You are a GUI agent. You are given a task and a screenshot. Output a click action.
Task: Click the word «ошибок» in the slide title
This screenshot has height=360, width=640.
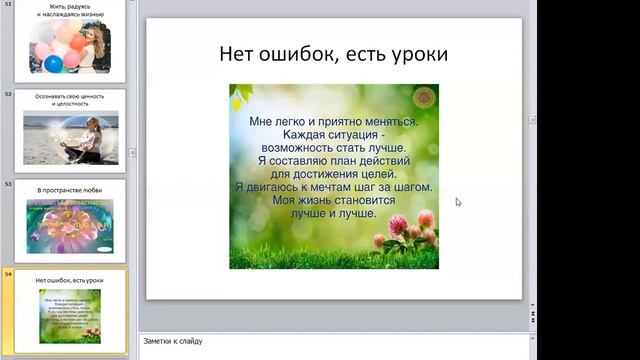pyautogui.click(x=299, y=53)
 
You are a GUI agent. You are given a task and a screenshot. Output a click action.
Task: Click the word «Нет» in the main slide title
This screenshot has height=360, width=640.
pyautogui.click(x=239, y=53)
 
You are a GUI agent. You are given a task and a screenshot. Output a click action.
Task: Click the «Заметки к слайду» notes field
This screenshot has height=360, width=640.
pyautogui.click(x=330, y=341)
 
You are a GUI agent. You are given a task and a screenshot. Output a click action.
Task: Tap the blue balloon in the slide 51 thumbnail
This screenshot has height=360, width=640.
pyautogui.click(x=53, y=64)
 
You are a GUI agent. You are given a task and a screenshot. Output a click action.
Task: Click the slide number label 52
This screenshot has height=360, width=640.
pyautogui.click(x=8, y=94)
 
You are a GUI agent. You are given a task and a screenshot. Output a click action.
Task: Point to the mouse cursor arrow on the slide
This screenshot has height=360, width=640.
pyautogui.click(x=458, y=201)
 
